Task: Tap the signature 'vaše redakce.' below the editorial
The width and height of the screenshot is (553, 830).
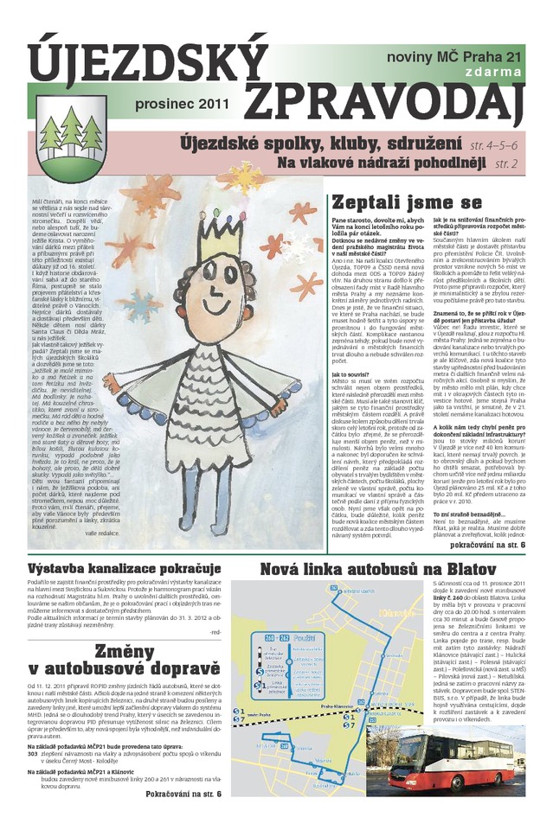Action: coord(101,533)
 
